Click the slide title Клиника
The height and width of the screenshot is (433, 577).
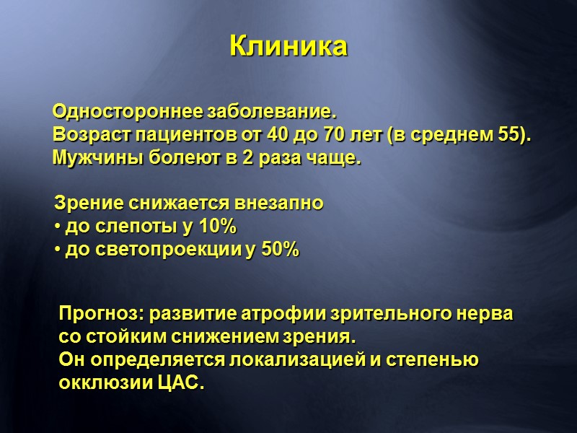click(x=288, y=46)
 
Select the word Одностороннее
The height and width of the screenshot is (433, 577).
click(x=128, y=113)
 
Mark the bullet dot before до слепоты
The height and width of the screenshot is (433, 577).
click(x=58, y=227)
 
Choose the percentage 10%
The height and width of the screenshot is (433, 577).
click(x=217, y=227)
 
